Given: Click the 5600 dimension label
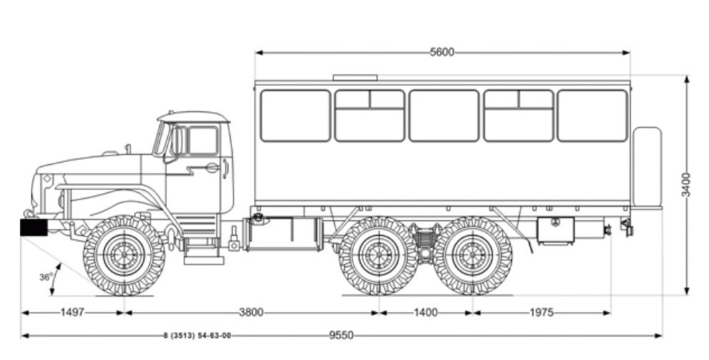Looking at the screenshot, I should click(x=442, y=52).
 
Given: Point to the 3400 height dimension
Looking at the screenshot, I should click(x=686, y=184).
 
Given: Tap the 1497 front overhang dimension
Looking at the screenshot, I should click(x=72, y=313).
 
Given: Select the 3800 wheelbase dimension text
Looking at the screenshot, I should click(x=252, y=313).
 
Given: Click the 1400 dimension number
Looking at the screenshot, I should click(x=426, y=313).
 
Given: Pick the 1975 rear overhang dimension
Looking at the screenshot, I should click(x=542, y=313).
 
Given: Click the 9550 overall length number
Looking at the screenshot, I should click(x=341, y=335).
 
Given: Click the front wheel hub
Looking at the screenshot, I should click(x=124, y=255).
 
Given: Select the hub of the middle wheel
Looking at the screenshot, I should click(x=378, y=255).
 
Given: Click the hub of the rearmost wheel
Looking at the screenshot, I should click(x=473, y=255).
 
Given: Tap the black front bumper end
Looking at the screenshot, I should click(x=33, y=227).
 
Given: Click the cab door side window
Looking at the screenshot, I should click(x=202, y=141).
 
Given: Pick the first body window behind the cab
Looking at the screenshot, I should click(x=295, y=115).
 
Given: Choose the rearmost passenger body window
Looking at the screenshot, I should click(x=592, y=115).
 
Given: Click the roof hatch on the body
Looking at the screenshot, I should click(x=355, y=77).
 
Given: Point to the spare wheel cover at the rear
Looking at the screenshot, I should click(x=647, y=167).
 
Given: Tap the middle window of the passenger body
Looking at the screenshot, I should click(x=444, y=115).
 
